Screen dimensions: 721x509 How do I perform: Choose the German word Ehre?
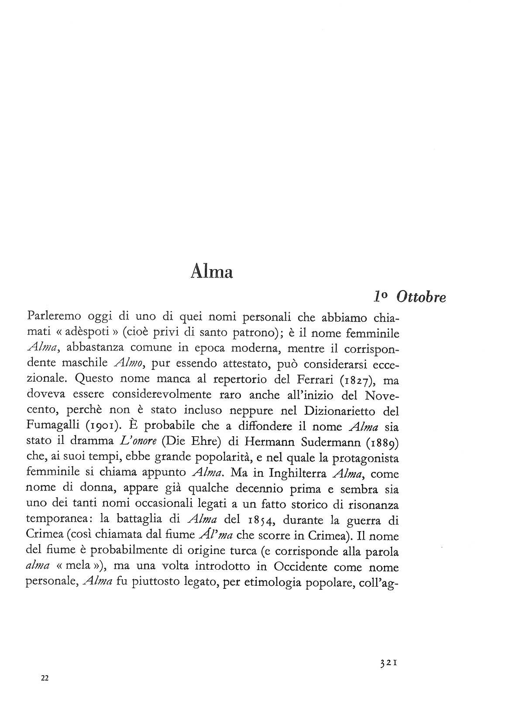click(x=204, y=441)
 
